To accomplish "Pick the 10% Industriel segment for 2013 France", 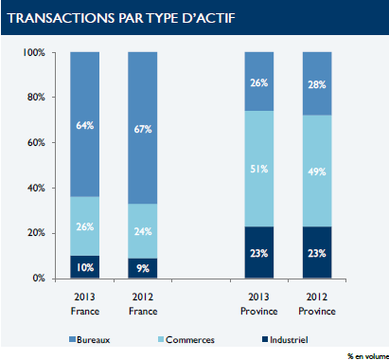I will tap(84, 267).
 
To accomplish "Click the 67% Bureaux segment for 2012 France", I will tap(142, 128).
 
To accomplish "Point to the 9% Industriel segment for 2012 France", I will tap(142, 268).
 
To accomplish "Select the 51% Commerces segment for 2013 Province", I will tap(258, 169).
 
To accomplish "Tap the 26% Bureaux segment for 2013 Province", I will tap(258, 81).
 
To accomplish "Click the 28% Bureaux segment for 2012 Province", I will tap(316, 84).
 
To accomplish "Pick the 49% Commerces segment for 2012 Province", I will tap(316, 171).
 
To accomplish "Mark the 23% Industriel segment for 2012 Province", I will tap(316, 252).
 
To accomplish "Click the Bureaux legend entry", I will tap(96, 338).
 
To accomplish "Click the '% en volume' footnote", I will tap(366, 354).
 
